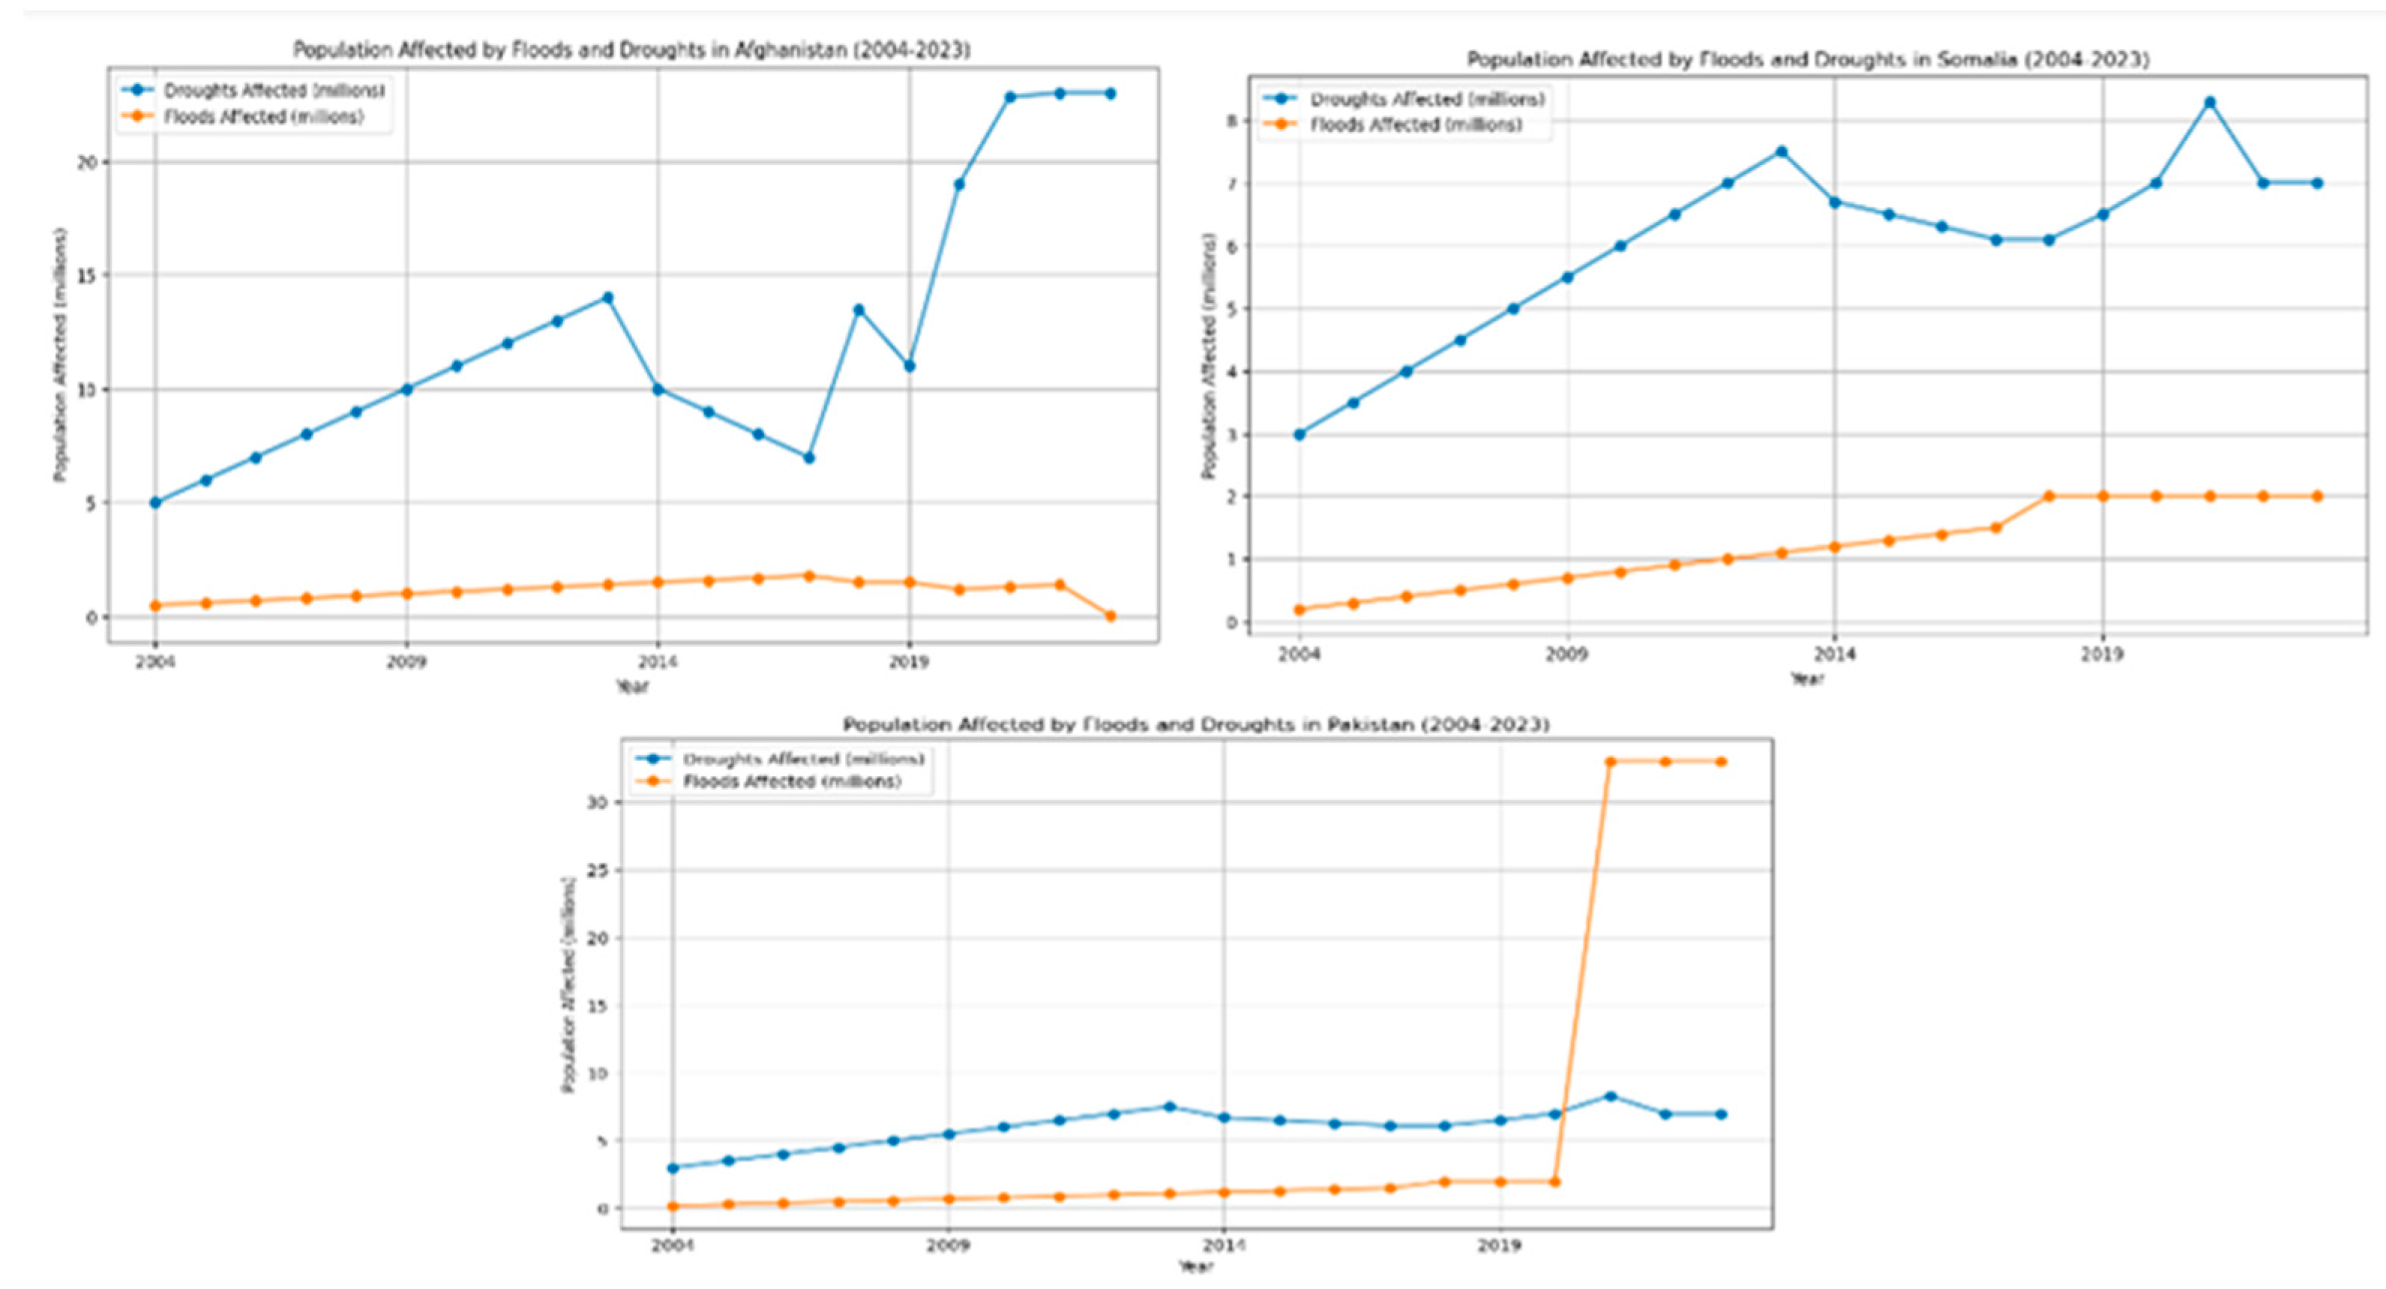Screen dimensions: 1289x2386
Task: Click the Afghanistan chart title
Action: point(631,50)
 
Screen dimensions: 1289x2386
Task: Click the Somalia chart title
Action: point(1807,59)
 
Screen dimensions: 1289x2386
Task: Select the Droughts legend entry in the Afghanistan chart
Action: point(273,91)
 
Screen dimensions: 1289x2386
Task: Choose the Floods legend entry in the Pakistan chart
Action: point(791,781)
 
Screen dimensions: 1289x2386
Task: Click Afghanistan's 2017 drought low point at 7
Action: point(808,457)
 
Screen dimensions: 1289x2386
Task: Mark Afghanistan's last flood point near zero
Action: point(1110,616)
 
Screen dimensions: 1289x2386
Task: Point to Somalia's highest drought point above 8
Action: point(2209,102)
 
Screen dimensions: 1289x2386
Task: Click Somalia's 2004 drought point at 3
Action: point(1299,434)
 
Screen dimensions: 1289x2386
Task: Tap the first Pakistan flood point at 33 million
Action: point(1611,761)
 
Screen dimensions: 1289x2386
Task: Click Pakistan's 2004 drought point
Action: point(673,1168)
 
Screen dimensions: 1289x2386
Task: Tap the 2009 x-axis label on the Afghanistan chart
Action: point(406,662)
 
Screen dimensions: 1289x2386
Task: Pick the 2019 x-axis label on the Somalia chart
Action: point(2102,655)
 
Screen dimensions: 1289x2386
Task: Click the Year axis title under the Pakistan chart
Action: point(1194,1266)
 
